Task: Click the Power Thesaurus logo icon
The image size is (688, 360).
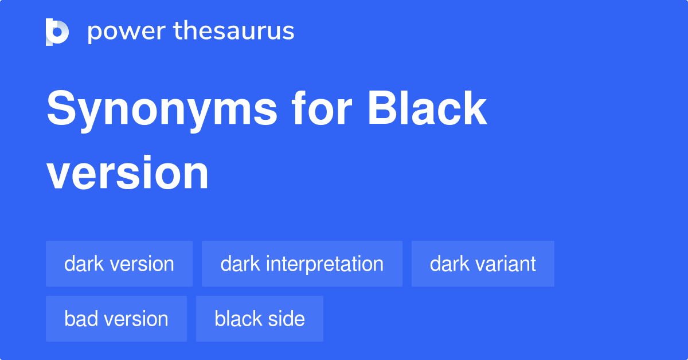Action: pos(57,32)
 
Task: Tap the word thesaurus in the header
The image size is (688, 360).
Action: pos(234,32)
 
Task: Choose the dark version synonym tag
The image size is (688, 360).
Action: pos(119,264)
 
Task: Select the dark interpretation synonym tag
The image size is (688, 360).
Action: pos(302,264)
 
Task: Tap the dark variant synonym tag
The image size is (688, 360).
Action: pos(483,264)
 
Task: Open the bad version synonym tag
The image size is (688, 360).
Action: pos(116,319)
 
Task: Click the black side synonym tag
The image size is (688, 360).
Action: pos(260,319)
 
